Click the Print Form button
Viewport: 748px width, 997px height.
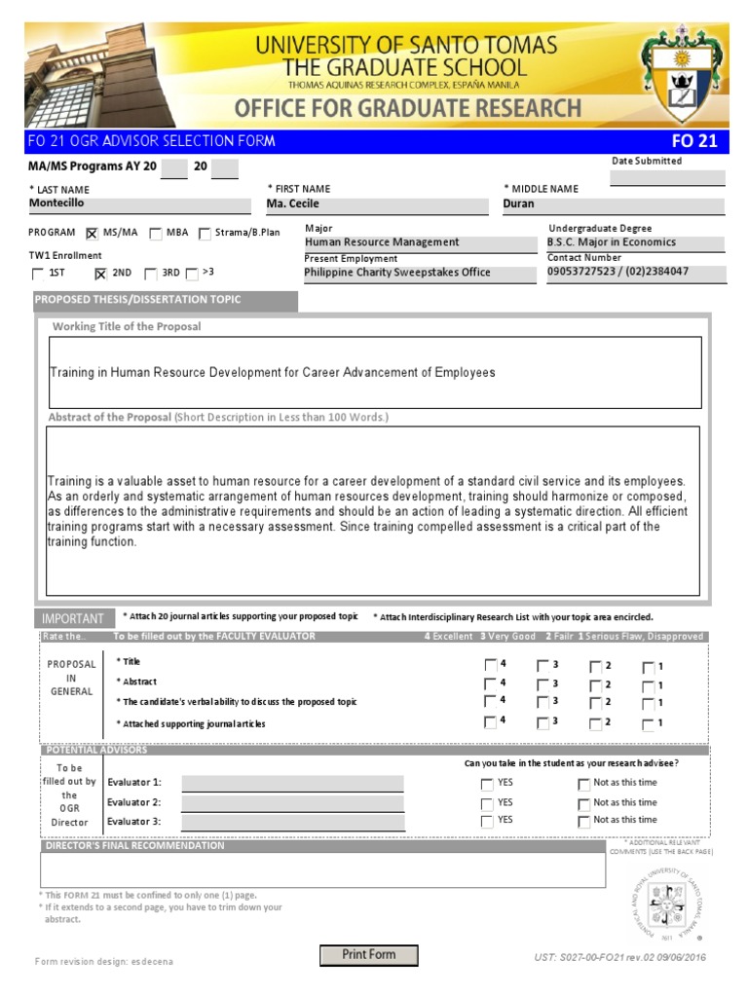click(x=369, y=955)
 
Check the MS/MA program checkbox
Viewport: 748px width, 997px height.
click(x=93, y=234)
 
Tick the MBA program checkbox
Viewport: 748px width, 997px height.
click(x=156, y=234)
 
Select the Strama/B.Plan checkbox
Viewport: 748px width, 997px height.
click(x=205, y=234)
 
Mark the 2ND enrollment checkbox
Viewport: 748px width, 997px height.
click(x=99, y=275)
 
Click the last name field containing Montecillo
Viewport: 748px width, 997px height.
click(x=139, y=204)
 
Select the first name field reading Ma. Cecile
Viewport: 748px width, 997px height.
click(x=377, y=204)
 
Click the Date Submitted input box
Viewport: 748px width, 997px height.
click(x=667, y=178)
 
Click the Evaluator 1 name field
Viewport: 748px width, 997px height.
click(x=292, y=783)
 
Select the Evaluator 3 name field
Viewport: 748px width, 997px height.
click(x=292, y=822)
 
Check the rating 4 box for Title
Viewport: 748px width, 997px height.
click(x=489, y=666)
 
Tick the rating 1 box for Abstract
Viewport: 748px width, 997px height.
click(x=648, y=685)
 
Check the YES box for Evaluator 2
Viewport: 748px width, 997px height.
click(x=487, y=804)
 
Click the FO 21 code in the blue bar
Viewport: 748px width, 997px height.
click(x=694, y=141)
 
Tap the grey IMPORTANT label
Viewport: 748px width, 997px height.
click(x=73, y=618)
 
